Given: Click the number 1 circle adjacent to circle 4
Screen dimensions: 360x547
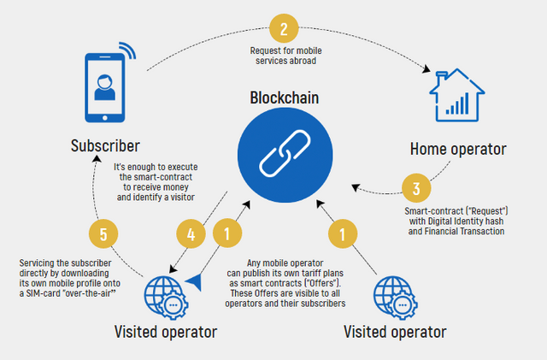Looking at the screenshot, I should tap(226, 231).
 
